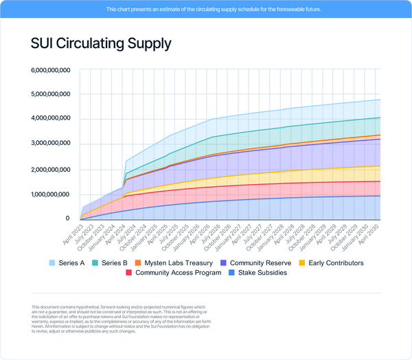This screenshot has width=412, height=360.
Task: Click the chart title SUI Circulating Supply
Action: click(x=101, y=43)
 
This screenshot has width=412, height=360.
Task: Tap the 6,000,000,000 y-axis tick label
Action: click(x=51, y=70)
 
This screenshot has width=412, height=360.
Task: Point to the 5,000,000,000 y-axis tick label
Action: click(x=51, y=95)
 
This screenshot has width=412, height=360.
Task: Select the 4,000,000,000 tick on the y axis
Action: click(x=51, y=120)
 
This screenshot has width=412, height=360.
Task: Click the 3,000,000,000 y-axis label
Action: click(x=51, y=144)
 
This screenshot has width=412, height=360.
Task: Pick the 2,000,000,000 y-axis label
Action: click(x=51, y=169)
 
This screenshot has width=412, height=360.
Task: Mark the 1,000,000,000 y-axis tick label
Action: click(x=51, y=194)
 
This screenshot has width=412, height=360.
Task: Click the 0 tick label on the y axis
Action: click(x=67, y=218)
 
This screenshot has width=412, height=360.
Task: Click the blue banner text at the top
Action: click(x=205, y=10)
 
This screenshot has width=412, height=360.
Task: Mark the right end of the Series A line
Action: click(x=380, y=100)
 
